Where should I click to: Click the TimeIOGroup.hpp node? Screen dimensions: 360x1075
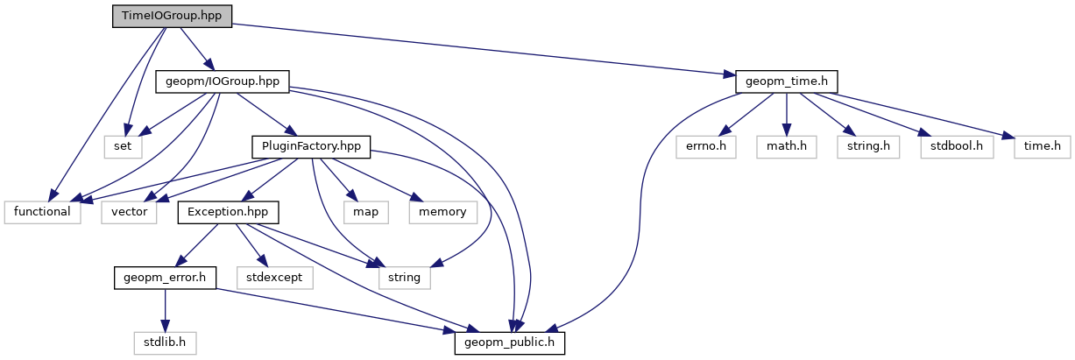coord(172,17)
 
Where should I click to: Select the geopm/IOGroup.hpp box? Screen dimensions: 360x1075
coord(223,81)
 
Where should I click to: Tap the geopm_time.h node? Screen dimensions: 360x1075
coord(787,81)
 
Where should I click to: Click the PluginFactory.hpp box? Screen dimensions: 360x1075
coord(311,146)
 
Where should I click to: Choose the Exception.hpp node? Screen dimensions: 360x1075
coord(228,212)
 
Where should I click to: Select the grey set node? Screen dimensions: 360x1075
coord(123,146)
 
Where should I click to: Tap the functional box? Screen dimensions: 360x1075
coord(42,212)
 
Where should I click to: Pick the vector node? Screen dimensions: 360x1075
coord(130,212)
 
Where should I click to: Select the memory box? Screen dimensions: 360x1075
coord(443,212)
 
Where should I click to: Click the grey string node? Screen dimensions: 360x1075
coord(405,278)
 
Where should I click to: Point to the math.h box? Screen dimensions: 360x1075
coord(786,146)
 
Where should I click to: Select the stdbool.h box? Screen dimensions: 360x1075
coord(957,146)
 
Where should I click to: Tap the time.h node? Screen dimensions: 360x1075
coord(1043,146)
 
